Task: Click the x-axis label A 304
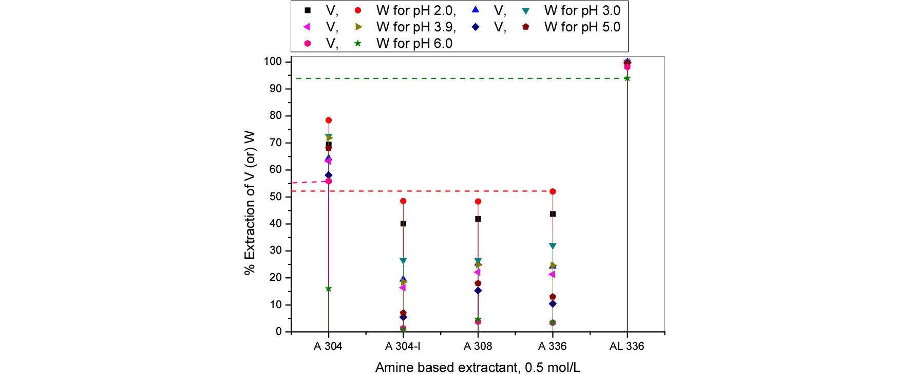click(x=328, y=346)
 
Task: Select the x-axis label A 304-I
click(x=403, y=346)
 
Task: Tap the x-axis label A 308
click(x=478, y=346)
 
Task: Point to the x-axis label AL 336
click(x=627, y=346)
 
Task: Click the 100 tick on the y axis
click(x=273, y=62)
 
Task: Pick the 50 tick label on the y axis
click(x=276, y=197)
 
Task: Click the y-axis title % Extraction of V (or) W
click(x=250, y=203)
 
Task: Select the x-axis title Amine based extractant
click(x=478, y=367)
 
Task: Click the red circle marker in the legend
click(x=358, y=10)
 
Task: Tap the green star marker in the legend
click(x=358, y=43)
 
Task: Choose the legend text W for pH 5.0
click(x=582, y=27)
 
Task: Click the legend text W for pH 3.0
click(x=582, y=10)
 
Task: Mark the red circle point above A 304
click(x=329, y=120)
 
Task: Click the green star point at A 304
click(x=329, y=289)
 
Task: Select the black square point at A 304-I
click(x=403, y=224)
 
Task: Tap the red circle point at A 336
click(x=553, y=191)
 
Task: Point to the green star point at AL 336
click(x=627, y=78)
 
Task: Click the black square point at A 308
click(x=478, y=219)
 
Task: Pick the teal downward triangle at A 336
click(x=553, y=246)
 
